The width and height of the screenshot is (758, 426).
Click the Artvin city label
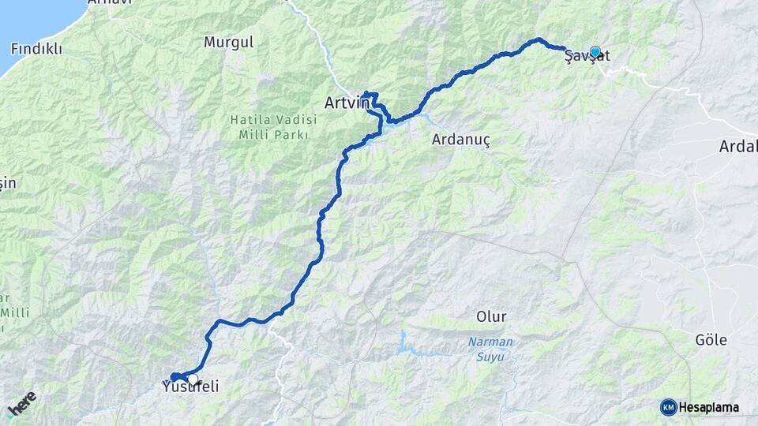347,103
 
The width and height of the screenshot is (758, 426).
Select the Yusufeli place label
189,387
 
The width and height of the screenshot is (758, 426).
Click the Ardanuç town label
462,140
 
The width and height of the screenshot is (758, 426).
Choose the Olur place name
491,316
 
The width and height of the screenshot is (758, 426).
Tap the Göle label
711,340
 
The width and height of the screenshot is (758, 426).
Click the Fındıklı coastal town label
36,48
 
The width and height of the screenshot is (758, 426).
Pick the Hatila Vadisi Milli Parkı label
273,126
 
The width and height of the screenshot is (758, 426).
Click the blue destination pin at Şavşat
595,52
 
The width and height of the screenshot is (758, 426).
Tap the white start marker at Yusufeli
193,379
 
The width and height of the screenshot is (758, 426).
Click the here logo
22,403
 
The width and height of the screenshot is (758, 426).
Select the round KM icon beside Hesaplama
669,407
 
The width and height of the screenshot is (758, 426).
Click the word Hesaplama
709,408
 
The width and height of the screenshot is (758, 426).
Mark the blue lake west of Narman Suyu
403,342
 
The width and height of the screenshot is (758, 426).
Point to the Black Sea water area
32,20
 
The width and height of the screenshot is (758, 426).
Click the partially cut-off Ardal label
738,146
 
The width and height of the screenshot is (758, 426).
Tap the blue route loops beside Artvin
373,101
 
